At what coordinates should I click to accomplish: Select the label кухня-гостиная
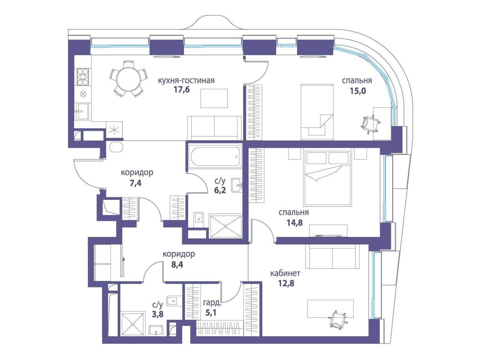(x=186, y=80)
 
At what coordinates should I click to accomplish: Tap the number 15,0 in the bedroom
(x=358, y=91)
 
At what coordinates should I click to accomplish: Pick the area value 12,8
(x=286, y=283)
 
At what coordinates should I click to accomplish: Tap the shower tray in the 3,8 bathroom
(x=133, y=324)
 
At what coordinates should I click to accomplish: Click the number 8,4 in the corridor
(x=177, y=265)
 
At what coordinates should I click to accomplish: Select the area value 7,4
(x=136, y=183)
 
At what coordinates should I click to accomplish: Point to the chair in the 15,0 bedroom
(x=370, y=124)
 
